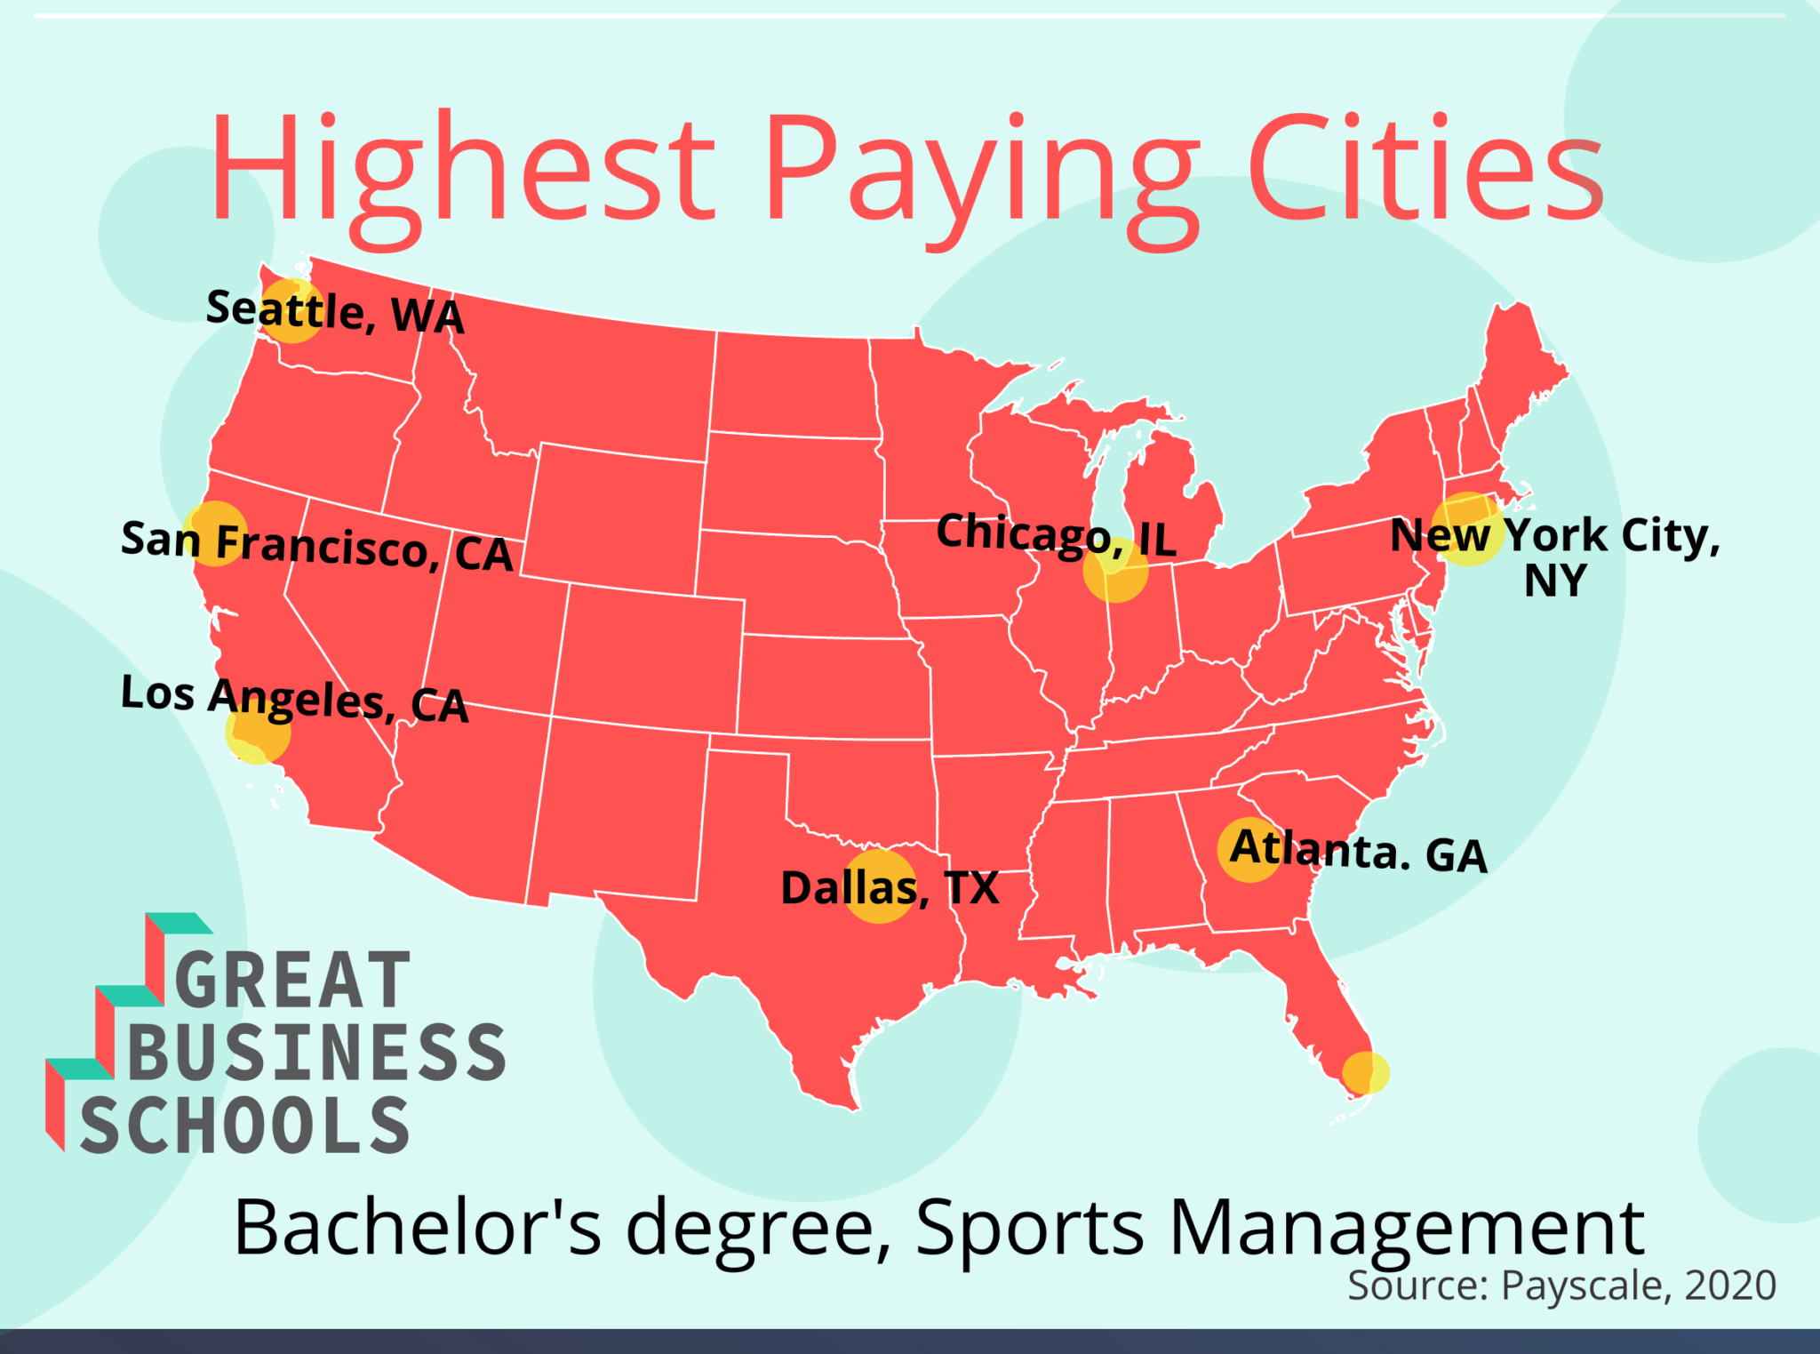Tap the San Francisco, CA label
(316, 544)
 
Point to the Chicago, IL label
(1056, 535)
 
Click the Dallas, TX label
(890, 887)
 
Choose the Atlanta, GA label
(1358, 851)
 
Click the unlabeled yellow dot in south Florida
(1365, 1073)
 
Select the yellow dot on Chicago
(1115, 571)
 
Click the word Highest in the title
(462, 169)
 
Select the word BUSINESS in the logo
(316, 1053)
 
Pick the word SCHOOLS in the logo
(244, 1126)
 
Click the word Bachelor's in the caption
(418, 1229)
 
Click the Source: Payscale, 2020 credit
(1561, 1286)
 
